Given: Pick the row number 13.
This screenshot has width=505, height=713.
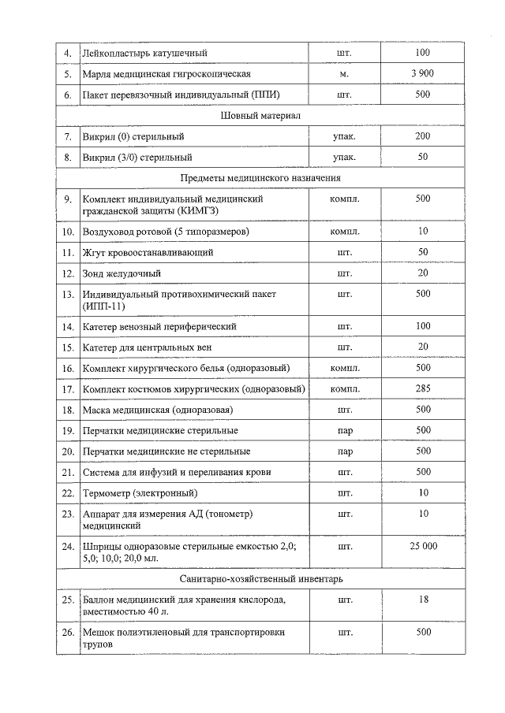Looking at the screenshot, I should coord(68,294).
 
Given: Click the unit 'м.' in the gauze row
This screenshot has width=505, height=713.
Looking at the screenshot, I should coord(344,73).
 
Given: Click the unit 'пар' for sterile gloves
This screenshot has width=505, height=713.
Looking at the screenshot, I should coord(344,430).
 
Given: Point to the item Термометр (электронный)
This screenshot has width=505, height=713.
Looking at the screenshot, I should coord(140,493).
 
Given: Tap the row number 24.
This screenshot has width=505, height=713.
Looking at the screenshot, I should coord(68,545).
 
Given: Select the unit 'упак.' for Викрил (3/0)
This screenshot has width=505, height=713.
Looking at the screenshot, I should coord(344,157).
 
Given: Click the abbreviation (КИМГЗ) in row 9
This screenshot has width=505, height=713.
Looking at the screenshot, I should coord(192,211).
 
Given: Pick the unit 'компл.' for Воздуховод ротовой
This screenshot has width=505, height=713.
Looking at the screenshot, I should coord(344,232).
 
